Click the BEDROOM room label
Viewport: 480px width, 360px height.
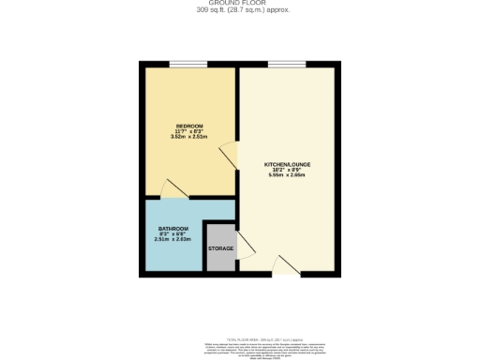pos(188,126)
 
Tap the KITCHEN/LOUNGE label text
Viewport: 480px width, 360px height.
pos(287,164)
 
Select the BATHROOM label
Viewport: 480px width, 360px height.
pos(172,229)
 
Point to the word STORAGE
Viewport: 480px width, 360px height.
pos(221,248)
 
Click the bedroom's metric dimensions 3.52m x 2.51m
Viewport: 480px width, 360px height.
pos(188,137)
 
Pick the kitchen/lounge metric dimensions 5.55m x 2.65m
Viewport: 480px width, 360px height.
pos(287,175)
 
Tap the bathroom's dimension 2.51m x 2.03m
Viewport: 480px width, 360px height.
pos(172,240)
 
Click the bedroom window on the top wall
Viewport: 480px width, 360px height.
pos(188,64)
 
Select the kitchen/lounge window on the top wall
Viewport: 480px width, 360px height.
pos(286,64)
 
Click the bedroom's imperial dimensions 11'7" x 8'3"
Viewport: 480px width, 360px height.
pos(188,131)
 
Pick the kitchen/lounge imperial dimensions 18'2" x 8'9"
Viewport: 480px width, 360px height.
pos(287,170)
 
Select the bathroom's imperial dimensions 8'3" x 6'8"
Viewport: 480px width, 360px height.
pos(172,234)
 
